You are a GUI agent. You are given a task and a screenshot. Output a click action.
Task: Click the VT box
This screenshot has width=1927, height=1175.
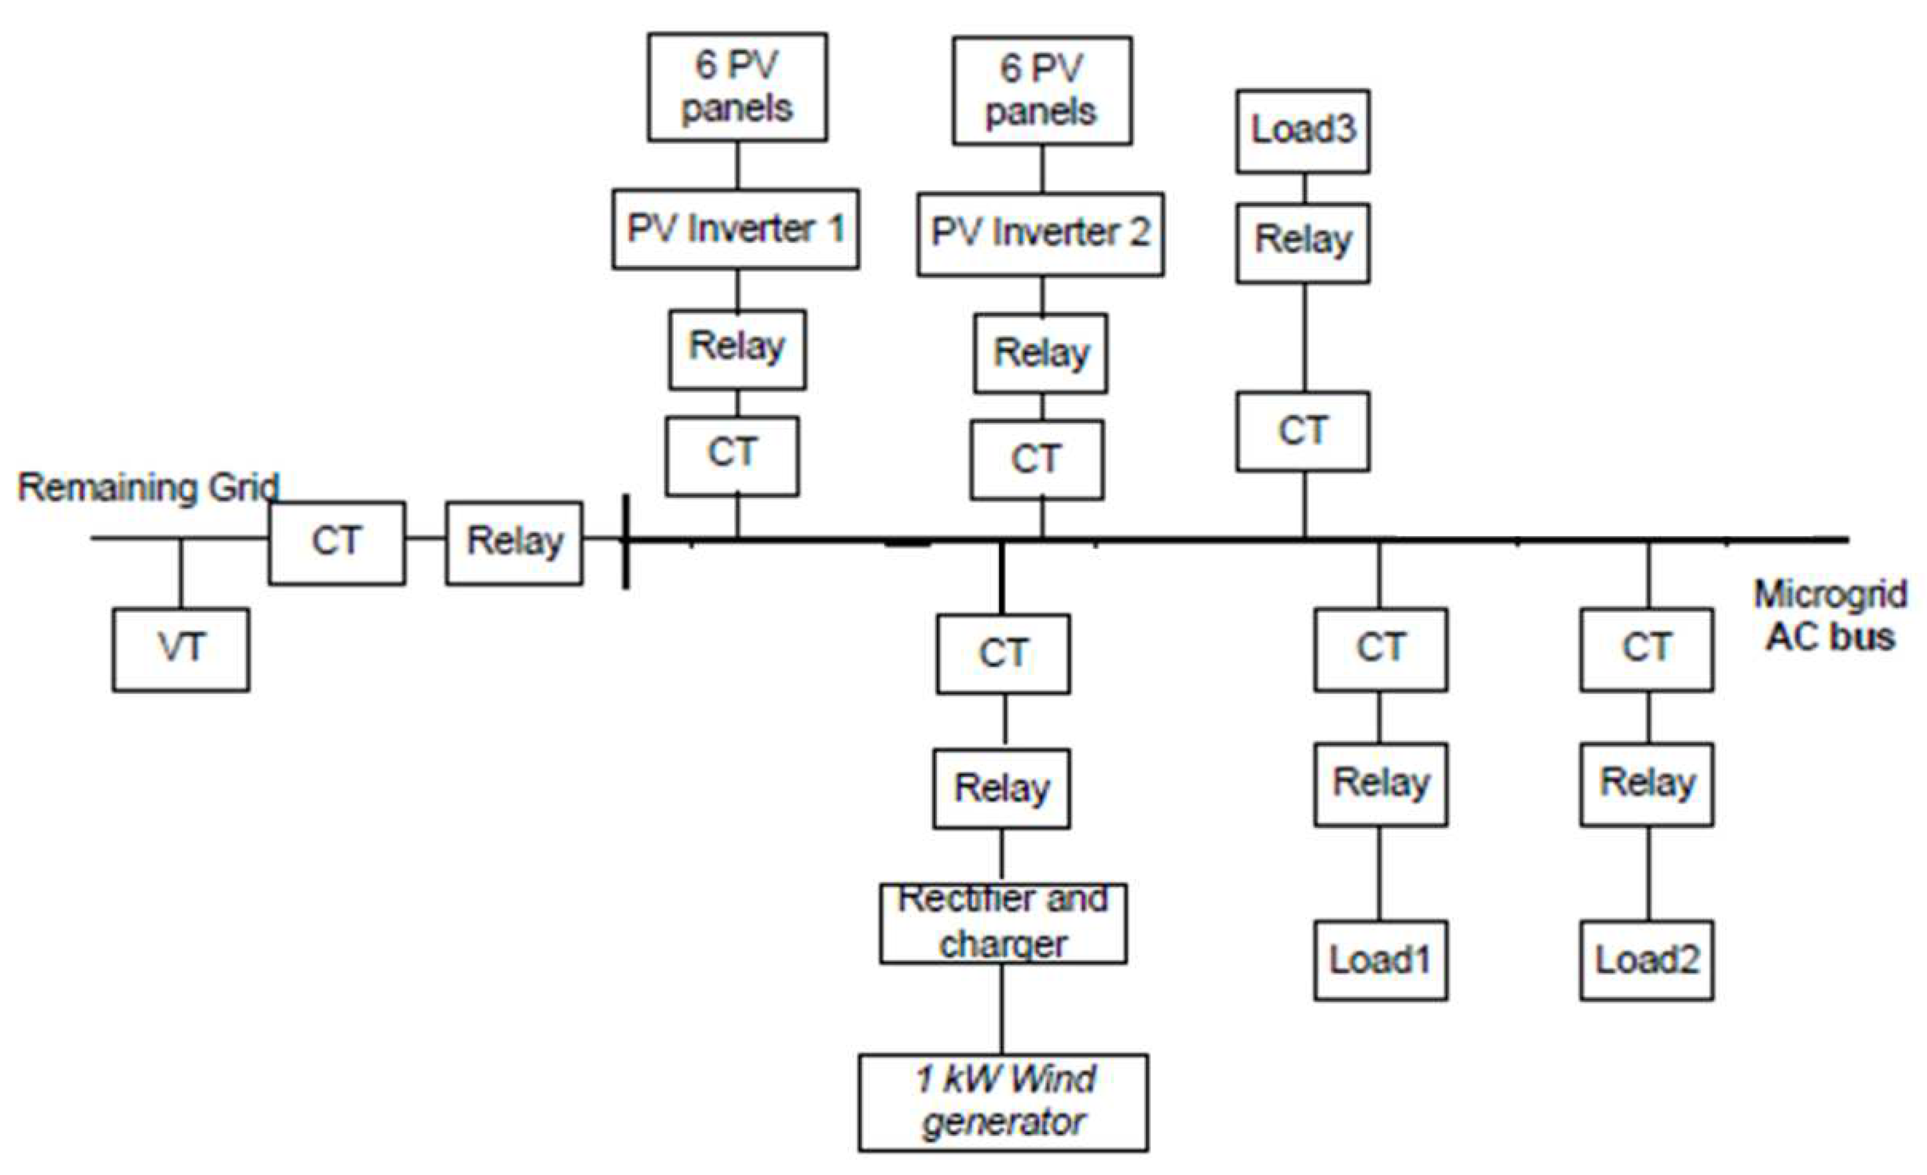click(181, 650)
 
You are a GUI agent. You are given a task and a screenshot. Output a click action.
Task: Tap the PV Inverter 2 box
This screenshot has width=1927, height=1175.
click(1040, 233)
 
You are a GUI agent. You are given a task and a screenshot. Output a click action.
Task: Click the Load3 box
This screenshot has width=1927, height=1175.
click(1302, 131)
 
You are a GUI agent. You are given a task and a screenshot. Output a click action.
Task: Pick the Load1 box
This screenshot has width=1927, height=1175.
click(1380, 960)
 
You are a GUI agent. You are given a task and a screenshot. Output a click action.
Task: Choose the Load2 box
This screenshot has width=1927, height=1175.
click(1647, 960)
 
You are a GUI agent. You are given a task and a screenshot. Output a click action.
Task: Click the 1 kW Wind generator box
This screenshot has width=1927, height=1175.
click(1004, 1102)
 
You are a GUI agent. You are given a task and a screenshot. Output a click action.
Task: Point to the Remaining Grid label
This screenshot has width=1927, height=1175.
click(149, 488)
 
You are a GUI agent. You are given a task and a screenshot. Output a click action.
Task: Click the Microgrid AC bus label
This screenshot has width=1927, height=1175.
click(1830, 616)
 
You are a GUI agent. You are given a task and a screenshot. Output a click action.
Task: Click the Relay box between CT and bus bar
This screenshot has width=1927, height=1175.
click(514, 542)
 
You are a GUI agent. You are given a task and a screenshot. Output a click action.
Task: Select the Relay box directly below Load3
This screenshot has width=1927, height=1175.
click(1302, 242)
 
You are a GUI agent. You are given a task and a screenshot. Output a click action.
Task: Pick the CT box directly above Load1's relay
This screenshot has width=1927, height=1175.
click(1380, 649)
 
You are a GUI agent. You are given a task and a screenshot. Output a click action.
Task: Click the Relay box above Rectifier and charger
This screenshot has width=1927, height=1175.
click(1001, 789)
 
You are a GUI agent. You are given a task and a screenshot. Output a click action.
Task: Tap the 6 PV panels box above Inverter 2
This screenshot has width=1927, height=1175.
click(1042, 91)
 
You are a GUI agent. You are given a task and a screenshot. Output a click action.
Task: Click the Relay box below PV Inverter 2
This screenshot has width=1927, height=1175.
click(1040, 353)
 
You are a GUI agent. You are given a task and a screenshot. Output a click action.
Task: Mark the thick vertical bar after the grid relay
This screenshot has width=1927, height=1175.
click(626, 541)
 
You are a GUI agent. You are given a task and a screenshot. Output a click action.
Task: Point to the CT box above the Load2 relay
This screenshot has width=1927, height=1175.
click(1647, 649)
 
